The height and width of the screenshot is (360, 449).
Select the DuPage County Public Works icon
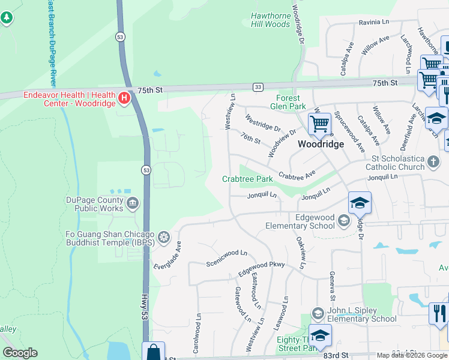point(133,204)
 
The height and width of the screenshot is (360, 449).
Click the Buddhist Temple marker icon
point(163,238)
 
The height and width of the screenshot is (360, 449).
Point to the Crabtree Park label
point(247,179)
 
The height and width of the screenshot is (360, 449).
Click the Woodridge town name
point(321,145)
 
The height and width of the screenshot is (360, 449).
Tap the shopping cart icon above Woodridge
point(320,124)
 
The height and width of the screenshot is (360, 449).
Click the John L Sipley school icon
point(318,313)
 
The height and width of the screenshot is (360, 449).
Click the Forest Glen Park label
point(291,102)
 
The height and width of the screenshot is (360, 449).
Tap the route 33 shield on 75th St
point(258,86)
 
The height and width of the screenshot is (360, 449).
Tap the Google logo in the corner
point(20,353)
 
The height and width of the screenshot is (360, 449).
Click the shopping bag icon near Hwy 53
point(153,352)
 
